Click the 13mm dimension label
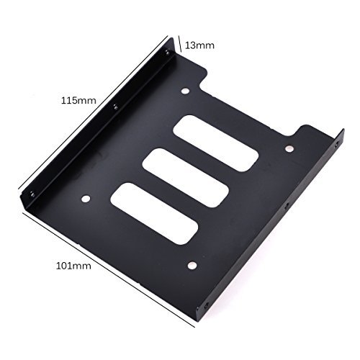pos(199,45)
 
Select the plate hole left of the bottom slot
pos(85,199)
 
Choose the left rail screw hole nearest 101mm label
pos(32,192)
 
